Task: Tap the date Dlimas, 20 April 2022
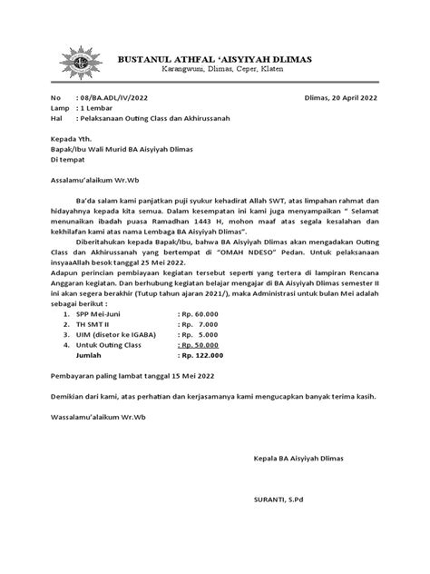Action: (342, 97)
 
